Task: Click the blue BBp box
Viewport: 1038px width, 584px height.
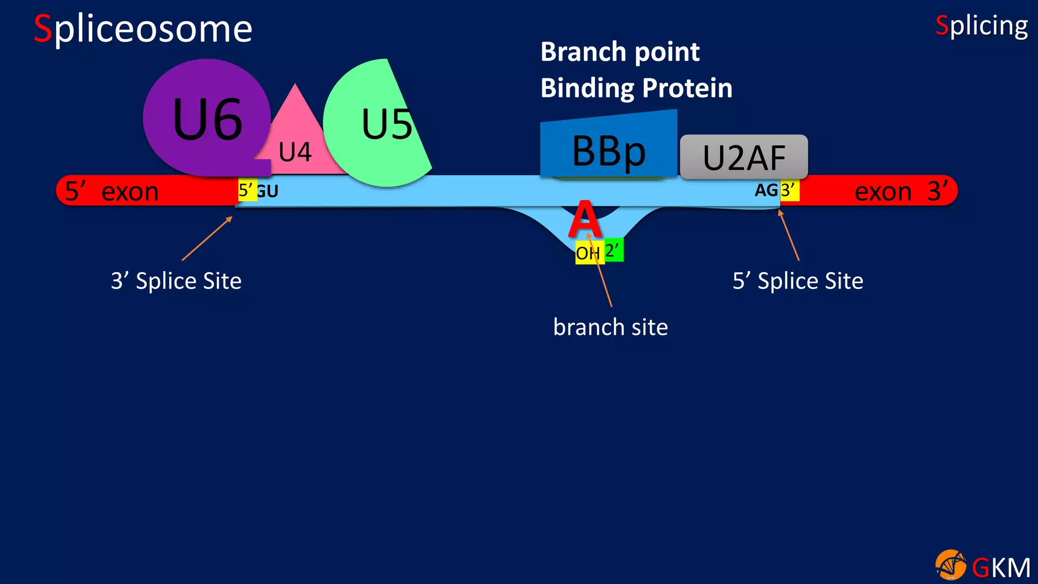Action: tap(608, 150)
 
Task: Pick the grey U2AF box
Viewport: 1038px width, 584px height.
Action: tap(744, 157)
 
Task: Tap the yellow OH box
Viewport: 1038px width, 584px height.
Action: tap(588, 253)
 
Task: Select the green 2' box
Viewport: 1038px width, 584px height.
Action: tap(613, 250)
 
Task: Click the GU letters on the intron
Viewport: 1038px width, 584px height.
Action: tap(268, 192)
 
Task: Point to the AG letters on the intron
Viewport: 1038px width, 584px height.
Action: tap(766, 190)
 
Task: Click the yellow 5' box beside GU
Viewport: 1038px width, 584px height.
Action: tap(247, 190)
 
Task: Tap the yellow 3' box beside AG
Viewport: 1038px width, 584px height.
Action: tap(789, 191)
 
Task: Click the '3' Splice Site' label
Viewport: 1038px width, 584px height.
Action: tap(176, 281)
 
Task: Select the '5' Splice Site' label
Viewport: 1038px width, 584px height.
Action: tap(798, 281)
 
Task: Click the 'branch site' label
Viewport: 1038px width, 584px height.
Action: tap(610, 327)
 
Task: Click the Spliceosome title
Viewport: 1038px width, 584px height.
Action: tap(143, 29)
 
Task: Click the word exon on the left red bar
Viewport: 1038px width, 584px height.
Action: tap(130, 192)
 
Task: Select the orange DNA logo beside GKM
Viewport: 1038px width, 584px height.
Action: tap(950, 565)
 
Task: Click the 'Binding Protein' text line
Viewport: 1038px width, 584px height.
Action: tap(636, 88)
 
